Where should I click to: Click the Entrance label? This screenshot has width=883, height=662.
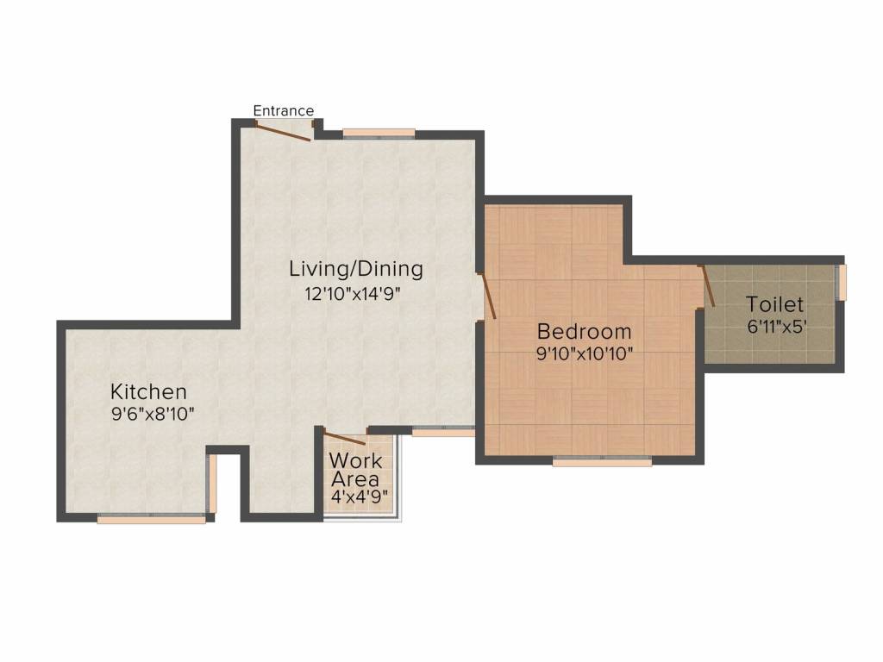(283, 110)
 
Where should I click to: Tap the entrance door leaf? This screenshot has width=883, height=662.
(282, 131)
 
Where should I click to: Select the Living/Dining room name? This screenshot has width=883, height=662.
(356, 269)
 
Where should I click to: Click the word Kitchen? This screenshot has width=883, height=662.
(148, 391)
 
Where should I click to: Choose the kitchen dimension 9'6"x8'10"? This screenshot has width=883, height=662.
(153, 415)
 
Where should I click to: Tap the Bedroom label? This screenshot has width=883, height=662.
(584, 332)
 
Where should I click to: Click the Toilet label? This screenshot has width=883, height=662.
(775, 304)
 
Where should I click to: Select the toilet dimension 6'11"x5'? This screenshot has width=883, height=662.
(777, 327)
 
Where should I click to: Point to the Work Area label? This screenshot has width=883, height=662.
(356, 470)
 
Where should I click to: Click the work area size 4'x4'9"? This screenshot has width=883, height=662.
(360, 497)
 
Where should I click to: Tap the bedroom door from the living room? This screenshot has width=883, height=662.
(486, 297)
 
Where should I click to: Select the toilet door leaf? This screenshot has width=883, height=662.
(707, 286)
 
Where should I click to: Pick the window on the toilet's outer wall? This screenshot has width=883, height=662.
(842, 282)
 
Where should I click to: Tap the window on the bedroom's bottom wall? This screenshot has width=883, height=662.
(602, 462)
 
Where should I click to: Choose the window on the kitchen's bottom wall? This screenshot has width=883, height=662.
(152, 519)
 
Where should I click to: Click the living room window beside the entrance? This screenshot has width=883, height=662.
(379, 134)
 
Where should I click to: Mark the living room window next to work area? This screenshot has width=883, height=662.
(444, 432)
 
